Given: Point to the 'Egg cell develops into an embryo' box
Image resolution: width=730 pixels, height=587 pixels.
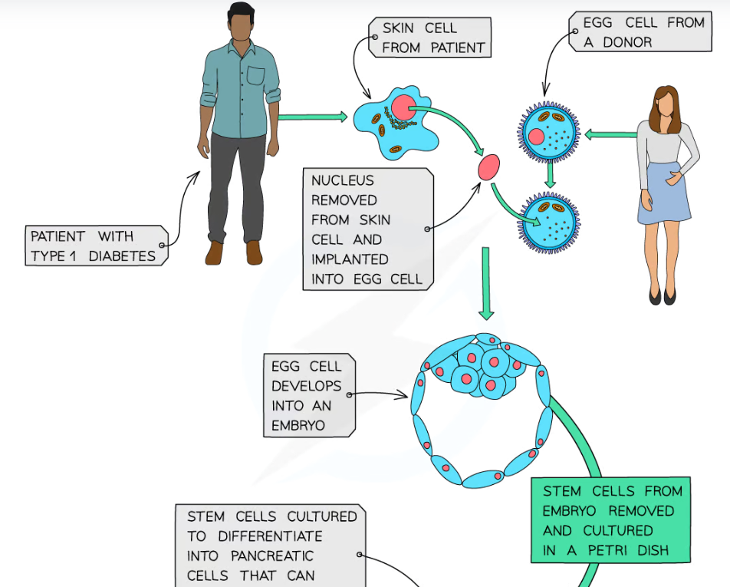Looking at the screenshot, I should point(306,395).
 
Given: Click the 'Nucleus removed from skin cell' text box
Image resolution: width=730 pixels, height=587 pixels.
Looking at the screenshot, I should point(367,229).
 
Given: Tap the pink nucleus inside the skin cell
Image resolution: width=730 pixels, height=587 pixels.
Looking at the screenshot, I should point(403,107).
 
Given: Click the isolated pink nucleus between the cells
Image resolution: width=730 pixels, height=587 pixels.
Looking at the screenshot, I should point(488,167).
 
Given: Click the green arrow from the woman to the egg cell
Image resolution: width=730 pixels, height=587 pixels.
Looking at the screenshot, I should point(610,135).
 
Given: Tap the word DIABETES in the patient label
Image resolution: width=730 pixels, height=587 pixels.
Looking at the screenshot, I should point(122,256).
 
